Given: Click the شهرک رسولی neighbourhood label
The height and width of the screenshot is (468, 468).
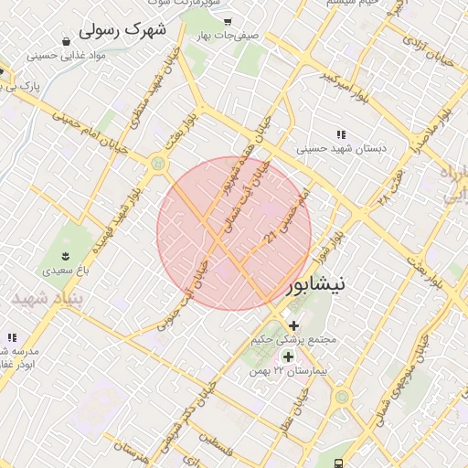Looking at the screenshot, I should point(122,30).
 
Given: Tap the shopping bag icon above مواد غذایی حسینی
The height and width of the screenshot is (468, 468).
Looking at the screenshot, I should point(67,40).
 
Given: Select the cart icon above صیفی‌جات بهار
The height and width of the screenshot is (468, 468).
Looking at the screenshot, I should point(228,20).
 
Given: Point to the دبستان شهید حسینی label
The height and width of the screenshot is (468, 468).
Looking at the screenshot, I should point(341,147).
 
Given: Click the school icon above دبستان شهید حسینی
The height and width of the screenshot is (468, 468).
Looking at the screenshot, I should point(341,133).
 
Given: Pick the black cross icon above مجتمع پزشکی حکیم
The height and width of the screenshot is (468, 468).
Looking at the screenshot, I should point(292,325).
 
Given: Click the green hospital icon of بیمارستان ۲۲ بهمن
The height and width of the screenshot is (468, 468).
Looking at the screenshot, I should point(289,357).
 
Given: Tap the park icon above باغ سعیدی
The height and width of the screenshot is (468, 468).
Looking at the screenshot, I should point(66,255).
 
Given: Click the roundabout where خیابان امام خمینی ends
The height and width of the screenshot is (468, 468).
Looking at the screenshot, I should point(157,164).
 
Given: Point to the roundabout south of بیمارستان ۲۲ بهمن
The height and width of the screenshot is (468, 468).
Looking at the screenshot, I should point(342,397).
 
